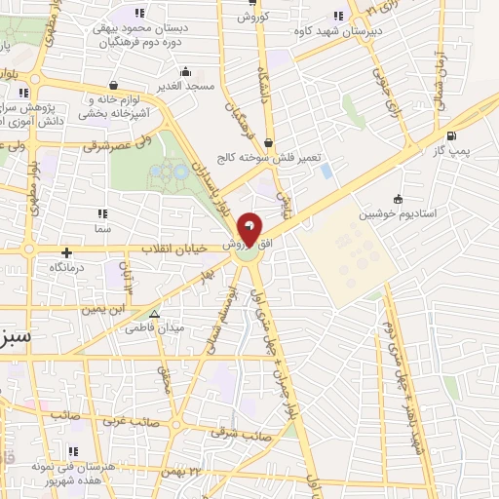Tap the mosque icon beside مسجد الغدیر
pos(185,71)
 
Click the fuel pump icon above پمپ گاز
pos(450,135)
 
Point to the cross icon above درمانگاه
pos(67,252)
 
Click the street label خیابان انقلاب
pos(175,249)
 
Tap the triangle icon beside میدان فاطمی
pos(154,314)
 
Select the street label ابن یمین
pos(104,309)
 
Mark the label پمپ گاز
pos(450,151)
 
